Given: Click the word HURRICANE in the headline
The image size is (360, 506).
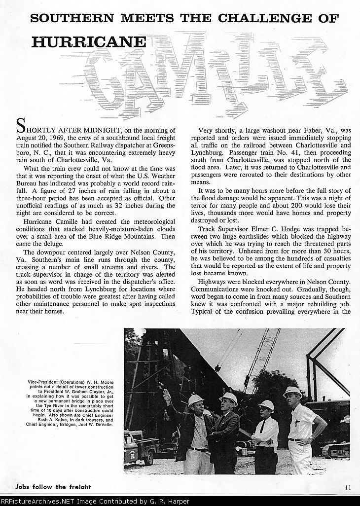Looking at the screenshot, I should tap(89, 41).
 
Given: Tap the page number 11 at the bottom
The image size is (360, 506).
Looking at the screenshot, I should tap(348, 488).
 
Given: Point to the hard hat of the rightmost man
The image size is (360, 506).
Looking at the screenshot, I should tap(292, 392).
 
